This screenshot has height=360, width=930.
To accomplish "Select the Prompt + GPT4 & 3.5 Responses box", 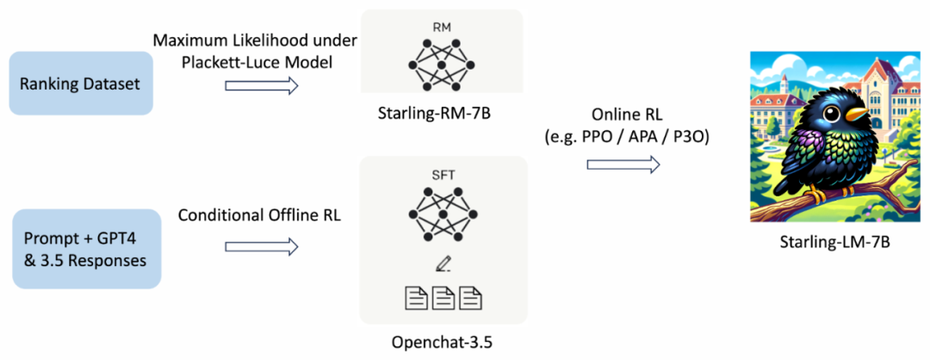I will click(x=85, y=249).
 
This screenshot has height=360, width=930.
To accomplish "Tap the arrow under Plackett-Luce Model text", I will click(x=261, y=85).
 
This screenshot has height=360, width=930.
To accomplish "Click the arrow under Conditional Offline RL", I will click(x=261, y=247).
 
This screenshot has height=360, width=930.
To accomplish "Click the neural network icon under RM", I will click(x=441, y=64).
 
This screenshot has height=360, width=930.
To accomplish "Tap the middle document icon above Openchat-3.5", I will click(x=443, y=298).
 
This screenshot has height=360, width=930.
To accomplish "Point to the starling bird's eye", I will click(x=834, y=109).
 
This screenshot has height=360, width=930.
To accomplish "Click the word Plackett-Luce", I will click(x=220, y=63).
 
